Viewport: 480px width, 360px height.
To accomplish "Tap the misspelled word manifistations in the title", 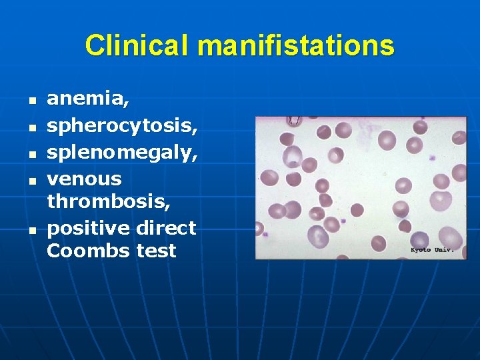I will pyautogui.click(x=296, y=46).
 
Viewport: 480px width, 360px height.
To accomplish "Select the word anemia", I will pyautogui.click(x=88, y=100).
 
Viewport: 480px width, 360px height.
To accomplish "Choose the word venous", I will pyautogui.click(x=84, y=178).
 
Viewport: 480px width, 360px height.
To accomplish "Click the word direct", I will pyautogui.click(x=166, y=228).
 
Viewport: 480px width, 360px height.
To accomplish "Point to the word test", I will pyautogui.click(x=155, y=251).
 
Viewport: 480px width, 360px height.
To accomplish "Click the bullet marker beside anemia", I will pyautogui.click(x=31, y=103).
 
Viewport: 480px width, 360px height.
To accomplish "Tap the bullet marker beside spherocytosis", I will pyautogui.click(x=31, y=127).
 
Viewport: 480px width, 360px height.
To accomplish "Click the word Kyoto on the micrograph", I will pyautogui.click(x=421, y=250).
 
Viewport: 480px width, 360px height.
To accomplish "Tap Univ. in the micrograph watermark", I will pyautogui.click(x=444, y=250).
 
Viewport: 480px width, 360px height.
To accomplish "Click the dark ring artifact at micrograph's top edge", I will pyautogui.click(x=293, y=121).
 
